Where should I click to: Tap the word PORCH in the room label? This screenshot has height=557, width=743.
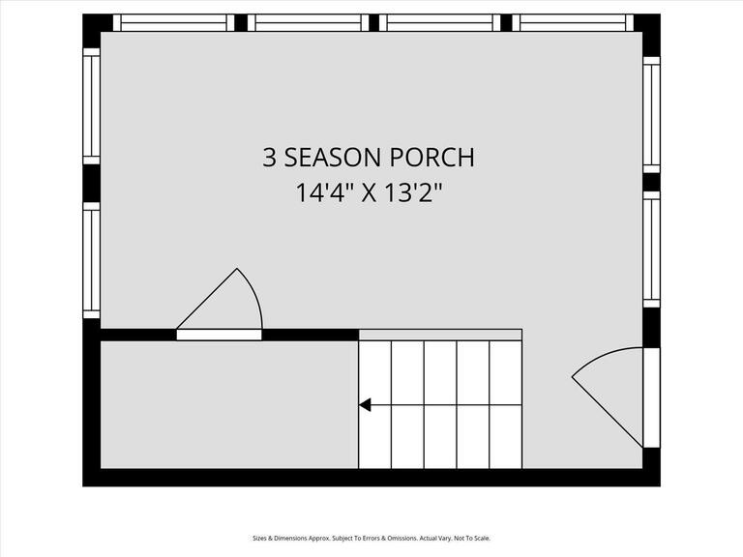coord(432,158)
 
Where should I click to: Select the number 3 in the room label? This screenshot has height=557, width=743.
coord(269,158)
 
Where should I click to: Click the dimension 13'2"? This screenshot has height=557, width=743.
coord(416,192)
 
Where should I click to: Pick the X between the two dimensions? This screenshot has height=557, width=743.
coord(370,192)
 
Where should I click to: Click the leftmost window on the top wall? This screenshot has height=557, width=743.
coord(173,22)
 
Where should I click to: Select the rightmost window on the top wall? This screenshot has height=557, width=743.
coord(573,22)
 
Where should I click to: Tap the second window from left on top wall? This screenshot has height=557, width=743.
coord(307,22)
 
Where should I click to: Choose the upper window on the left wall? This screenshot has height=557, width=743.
coord(91,106)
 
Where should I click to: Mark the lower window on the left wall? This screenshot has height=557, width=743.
coord(91,260)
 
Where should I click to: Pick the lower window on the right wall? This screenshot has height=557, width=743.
coord(651,249)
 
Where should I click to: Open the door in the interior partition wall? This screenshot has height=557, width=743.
coord(219,335)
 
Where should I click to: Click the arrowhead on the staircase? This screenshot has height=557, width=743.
coord(365,405)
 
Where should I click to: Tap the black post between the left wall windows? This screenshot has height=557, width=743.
coord(91,183)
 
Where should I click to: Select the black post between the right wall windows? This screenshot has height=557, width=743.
coord(651,182)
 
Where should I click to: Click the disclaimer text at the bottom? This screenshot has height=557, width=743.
coord(371,539)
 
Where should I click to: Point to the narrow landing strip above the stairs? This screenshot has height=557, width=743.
coord(440,335)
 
